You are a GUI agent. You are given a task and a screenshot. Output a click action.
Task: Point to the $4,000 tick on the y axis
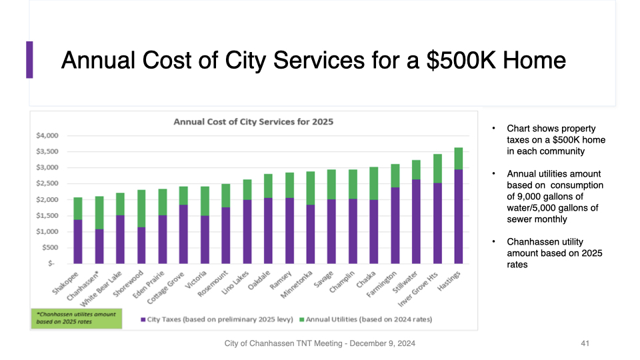[48, 135]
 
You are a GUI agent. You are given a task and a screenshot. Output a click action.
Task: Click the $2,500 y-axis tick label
[48, 183]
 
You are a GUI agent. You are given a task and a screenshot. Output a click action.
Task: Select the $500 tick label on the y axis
[50, 247]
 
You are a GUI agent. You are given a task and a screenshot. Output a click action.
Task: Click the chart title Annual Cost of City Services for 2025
[253, 122]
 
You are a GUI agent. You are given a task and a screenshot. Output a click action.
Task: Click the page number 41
[585, 343]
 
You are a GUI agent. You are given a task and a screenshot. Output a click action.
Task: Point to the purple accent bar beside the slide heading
[29, 59]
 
